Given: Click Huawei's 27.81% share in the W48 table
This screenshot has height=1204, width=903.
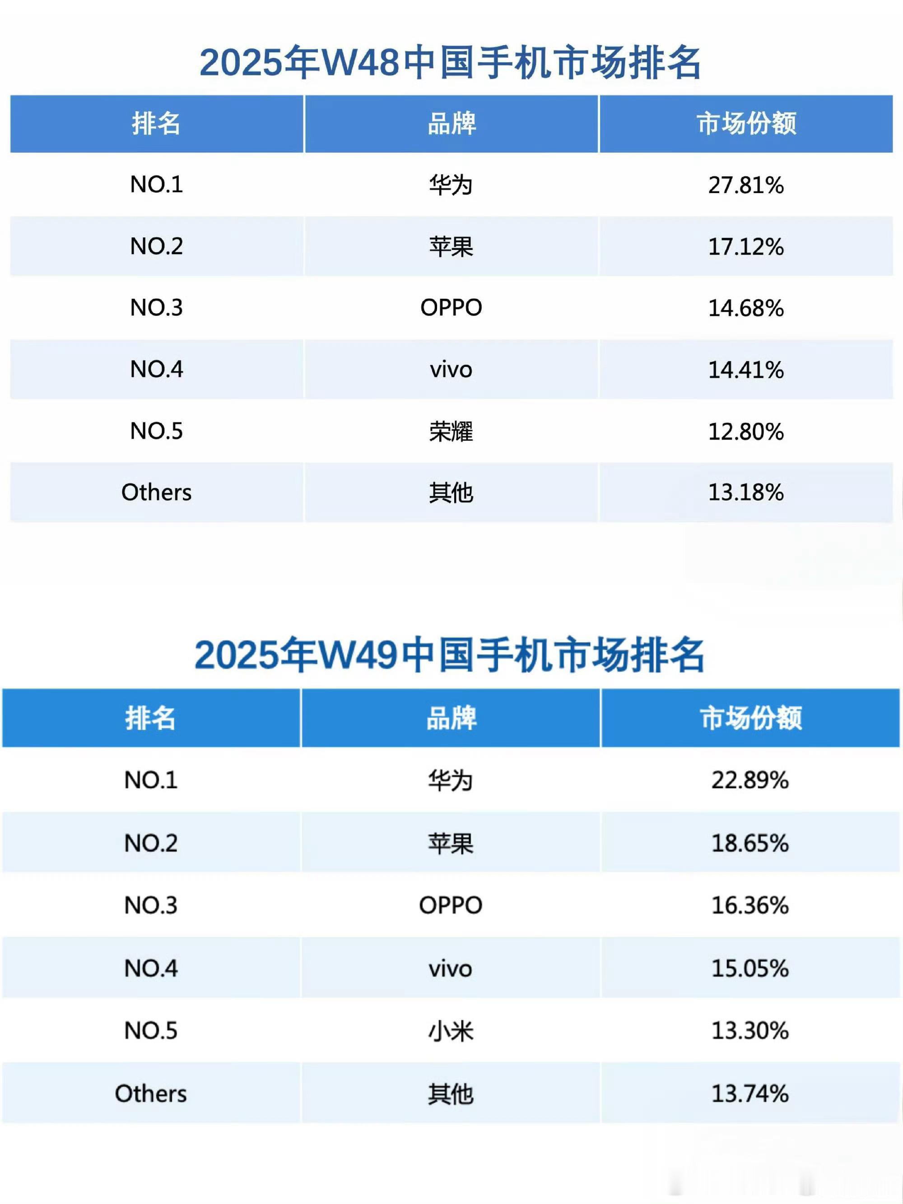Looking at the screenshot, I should click(x=745, y=185).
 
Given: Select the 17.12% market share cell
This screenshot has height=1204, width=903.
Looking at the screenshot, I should click(x=745, y=246).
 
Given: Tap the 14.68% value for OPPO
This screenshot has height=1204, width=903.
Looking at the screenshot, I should click(x=745, y=308).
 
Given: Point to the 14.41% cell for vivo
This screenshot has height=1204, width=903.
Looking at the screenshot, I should click(x=745, y=370).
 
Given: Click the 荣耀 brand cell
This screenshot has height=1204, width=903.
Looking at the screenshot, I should click(x=451, y=431).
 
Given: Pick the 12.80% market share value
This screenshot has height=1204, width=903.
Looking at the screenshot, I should click(x=745, y=431).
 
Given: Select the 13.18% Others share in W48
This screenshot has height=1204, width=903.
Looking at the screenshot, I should click(x=745, y=492).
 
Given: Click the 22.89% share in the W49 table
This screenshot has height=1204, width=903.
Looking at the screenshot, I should click(x=749, y=780).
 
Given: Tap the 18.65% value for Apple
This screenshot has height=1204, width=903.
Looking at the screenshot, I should click(x=749, y=843).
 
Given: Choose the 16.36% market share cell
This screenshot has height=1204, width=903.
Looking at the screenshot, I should click(x=749, y=905).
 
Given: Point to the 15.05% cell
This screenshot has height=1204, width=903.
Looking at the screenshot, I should click(x=749, y=968).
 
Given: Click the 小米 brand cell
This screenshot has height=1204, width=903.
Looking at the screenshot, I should click(x=451, y=1030).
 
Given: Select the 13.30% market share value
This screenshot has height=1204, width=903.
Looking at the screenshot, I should click(x=749, y=1030).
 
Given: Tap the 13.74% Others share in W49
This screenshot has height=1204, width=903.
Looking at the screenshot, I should click(x=749, y=1093).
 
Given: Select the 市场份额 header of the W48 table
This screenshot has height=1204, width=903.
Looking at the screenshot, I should click(x=745, y=124).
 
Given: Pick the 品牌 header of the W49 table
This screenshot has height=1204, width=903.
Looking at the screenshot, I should click(x=451, y=718).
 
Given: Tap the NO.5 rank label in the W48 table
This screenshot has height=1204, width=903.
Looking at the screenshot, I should click(x=156, y=431).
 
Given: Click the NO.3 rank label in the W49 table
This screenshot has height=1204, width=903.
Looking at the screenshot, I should click(x=151, y=905).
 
